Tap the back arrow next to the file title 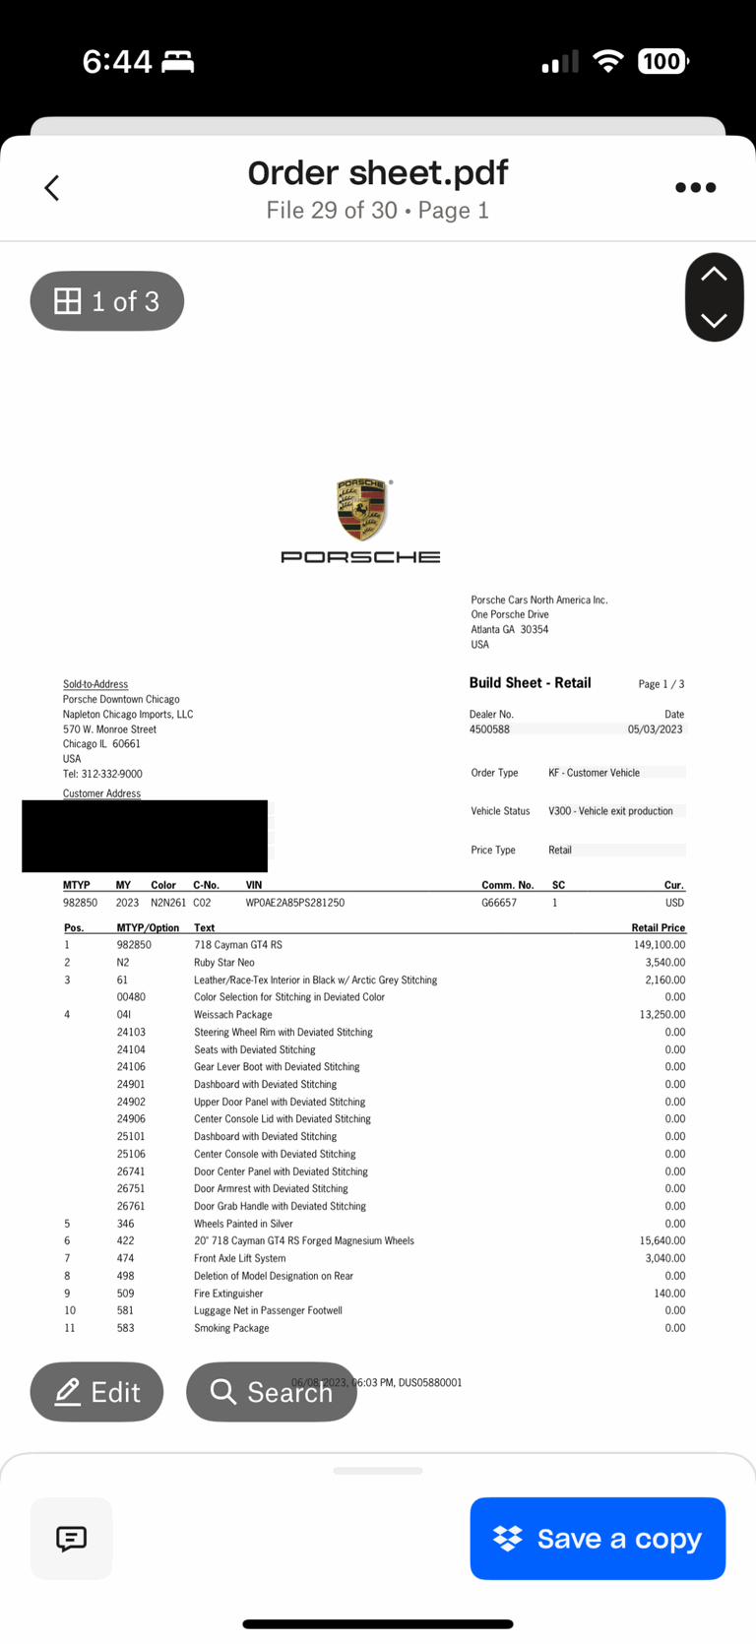[x=52, y=188]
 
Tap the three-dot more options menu [x=695, y=188]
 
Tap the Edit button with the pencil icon [x=96, y=1392]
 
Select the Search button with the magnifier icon [x=271, y=1392]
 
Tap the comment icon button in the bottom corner [x=71, y=1539]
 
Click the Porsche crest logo [x=361, y=510]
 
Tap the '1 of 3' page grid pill [x=107, y=301]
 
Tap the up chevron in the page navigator [x=714, y=276]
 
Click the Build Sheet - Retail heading [x=530, y=683]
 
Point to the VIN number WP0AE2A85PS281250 [x=294, y=903]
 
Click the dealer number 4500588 [x=489, y=729]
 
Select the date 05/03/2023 [x=655, y=729]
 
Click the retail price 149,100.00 [x=660, y=945]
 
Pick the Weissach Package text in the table [x=232, y=1015]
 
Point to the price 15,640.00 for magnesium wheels [x=662, y=1241]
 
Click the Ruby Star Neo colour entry [x=223, y=963]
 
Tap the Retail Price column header [x=658, y=927]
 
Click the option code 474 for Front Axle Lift [x=125, y=1258]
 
